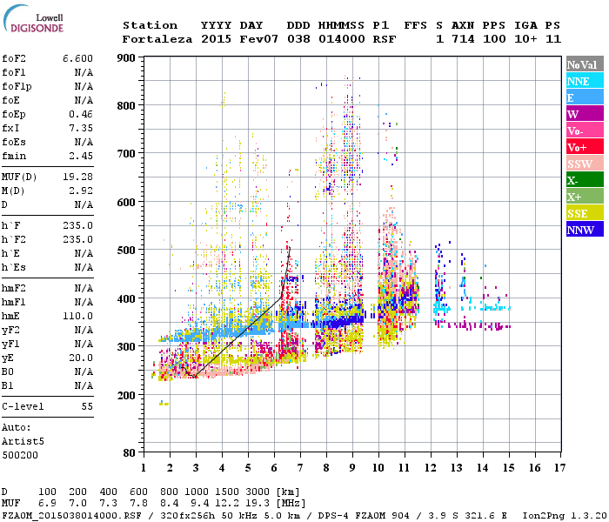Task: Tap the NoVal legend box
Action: click(x=584, y=64)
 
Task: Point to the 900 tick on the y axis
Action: click(x=126, y=58)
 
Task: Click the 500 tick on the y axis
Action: click(x=126, y=251)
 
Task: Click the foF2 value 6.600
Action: click(x=77, y=57)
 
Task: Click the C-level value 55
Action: click(x=87, y=406)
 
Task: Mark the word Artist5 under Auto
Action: click(x=19, y=440)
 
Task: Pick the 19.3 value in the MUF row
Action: click(x=260, y=504)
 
